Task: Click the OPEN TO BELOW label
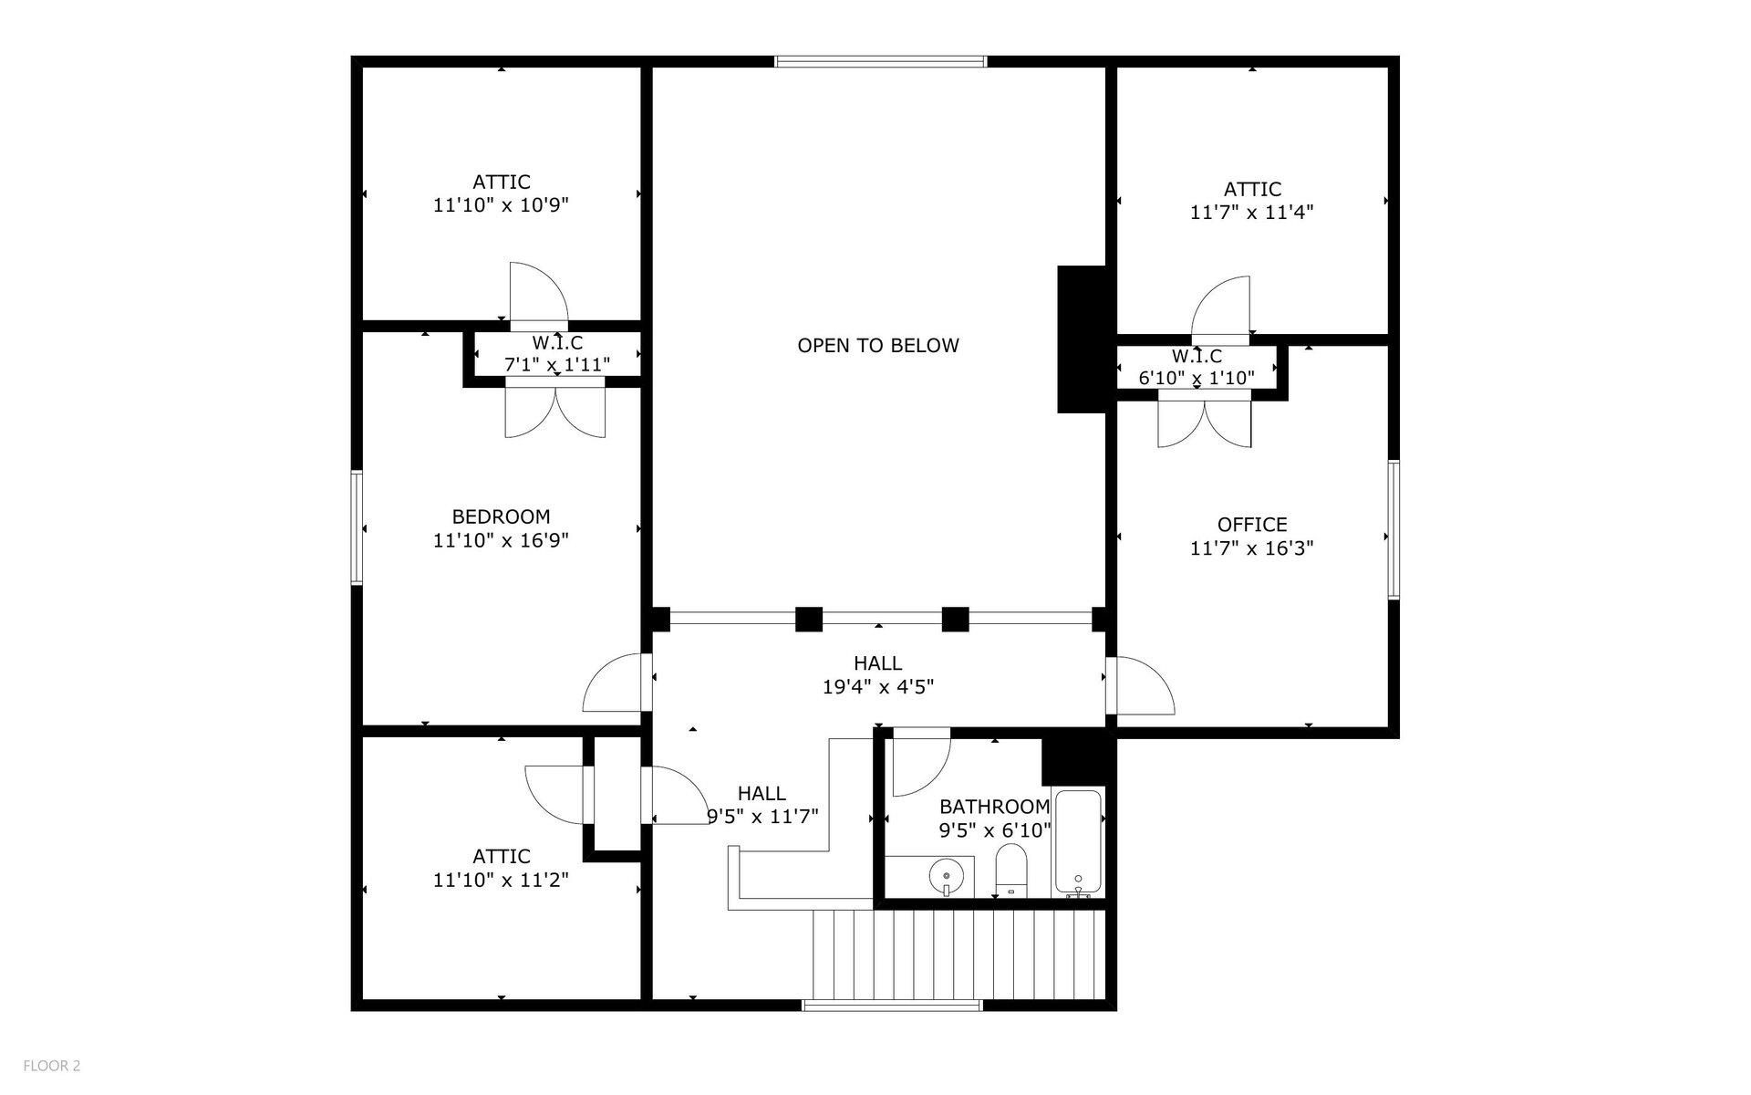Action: pyautogui.click(x=877, y=346)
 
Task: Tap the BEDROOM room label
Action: pyautogui.click(x=501, y=516)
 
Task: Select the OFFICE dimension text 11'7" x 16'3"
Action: pyautogui.click(x=1251, y=548)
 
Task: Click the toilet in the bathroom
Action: pyautogui.click(x=1010, y=871)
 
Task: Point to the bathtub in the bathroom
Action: pyautogui.click(x=1078, y=841)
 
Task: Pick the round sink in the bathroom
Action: pyautogui.click(x=946, y=878)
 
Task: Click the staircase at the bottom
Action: pyautogui.click(x=958, y=954)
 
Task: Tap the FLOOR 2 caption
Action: pyautogui.click(x=52, y=1066)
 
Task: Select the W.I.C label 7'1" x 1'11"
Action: pyautogui.click(x=557, y=354)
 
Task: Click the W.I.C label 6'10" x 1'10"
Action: pyautogui.click(x=1197, y=367)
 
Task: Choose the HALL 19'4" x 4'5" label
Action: pyautogui.click(x=877, y=675)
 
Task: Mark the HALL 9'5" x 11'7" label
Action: pyautogui.click(x=762, y=805)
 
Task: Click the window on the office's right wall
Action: pyautogui.click(x=1394, y=530)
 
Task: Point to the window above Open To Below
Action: pyautogui.click(x=880, y=61)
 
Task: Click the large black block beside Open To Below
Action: pyautogui.click(x=1082, y=339)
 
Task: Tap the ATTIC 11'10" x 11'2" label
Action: pyautogui.click(x=501, y=868)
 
